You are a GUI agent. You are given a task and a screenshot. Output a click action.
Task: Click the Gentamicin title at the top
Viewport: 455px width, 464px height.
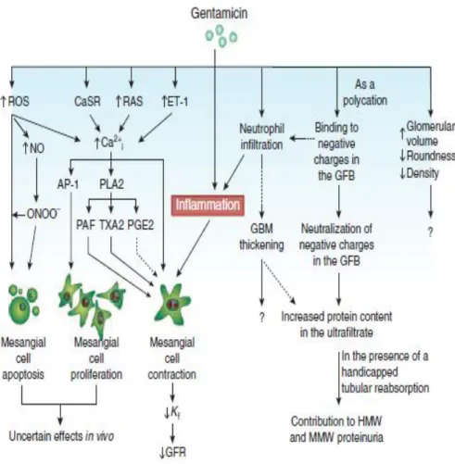click(220, 14)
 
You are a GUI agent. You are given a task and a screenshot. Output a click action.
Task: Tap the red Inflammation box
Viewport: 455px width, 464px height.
click(208, 205)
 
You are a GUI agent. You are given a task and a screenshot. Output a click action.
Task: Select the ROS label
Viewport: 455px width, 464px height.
click(16, 101)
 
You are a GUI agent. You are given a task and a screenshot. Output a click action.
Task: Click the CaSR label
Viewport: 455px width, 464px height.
click(87, 101)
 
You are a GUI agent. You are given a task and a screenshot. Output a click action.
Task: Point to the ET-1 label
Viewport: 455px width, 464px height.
click(175, 101)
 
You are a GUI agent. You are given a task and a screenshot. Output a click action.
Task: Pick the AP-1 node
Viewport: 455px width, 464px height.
click(68, 184)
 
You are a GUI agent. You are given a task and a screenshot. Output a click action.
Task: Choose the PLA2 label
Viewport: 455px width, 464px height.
click(111, 184)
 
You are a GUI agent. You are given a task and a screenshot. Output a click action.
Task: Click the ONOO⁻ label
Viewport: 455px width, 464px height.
click(44, 214)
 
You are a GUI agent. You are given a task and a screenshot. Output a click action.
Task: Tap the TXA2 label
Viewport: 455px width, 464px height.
click(111, 225)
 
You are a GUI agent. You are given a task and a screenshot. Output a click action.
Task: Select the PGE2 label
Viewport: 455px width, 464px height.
click(141, 225)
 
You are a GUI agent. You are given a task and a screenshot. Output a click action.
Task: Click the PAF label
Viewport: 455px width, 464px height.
click(85, 225)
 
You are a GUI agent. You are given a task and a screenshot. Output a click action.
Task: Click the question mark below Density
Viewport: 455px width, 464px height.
click(430, 232)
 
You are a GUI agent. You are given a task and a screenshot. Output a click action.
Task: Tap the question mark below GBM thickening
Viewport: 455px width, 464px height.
click(262, 318)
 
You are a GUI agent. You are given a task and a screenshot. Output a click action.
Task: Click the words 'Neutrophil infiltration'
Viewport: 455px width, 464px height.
click(261, 137)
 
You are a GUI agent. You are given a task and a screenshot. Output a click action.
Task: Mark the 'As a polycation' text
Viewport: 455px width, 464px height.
click(365, 93)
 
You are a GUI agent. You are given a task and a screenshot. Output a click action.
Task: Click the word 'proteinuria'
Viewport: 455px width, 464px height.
click(360, 437)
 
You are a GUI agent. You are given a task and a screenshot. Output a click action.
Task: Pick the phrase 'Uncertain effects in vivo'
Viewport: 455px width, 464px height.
click(61, 436)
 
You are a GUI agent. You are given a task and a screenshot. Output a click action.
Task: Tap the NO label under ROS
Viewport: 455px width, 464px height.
click(33, 148)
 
